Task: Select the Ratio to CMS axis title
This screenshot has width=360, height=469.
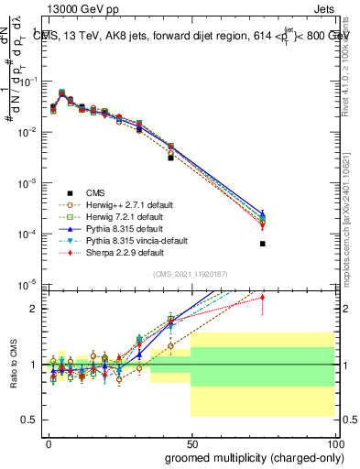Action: pos(11,364)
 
